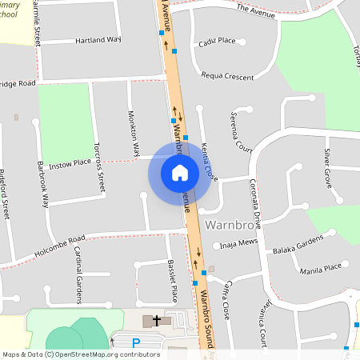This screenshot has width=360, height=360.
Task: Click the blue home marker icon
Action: coord(180,172)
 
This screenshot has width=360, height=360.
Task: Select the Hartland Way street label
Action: coord(98,40)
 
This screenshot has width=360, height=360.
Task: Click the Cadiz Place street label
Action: coord(217,41)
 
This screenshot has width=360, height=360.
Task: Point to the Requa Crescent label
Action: coord(228,77)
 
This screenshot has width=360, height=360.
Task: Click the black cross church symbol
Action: coord(156,320)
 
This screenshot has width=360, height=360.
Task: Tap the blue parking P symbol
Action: coord(136,343)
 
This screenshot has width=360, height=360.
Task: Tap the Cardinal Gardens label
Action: coord(79,274)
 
